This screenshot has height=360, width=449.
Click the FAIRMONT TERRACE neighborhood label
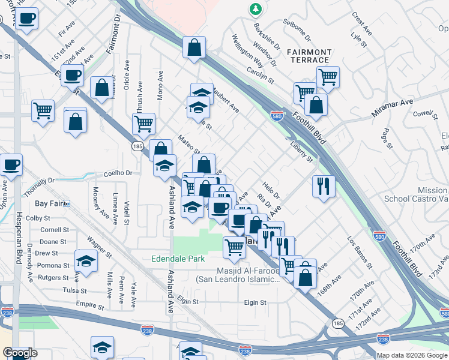pyautogui.click(x=308, y=56)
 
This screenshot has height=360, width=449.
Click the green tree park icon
pyautogui.click(x=256, y=9)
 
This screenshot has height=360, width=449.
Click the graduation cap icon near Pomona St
pyautogui.click(x=86, y=261)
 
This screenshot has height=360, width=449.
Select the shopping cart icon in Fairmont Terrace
pyautogui.click(x=328, y=76)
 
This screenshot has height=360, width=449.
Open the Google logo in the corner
pyautogui.click(x=20, y=353)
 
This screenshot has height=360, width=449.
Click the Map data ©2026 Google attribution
pyautogui.click(x=412, y=355)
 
